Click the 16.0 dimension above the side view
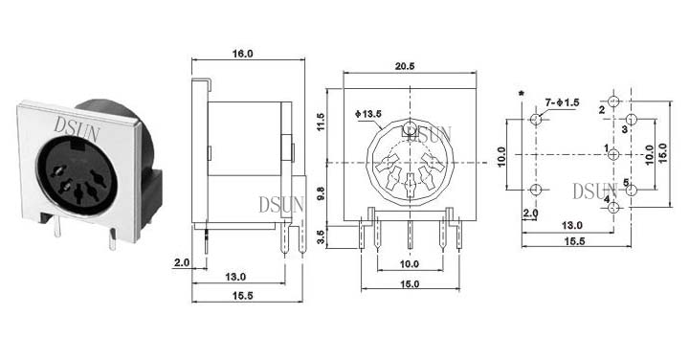coord(243,54)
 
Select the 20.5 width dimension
coord(405,66)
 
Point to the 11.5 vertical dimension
coord(321,122)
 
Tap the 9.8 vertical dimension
coord(321,193)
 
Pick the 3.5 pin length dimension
coord(321,237)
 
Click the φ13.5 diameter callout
coord(368,114)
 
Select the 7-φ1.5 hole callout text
coord(562,102)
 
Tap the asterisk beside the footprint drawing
coord(522,94)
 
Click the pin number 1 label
coord(607,148)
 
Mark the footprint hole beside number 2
coord(613,101)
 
